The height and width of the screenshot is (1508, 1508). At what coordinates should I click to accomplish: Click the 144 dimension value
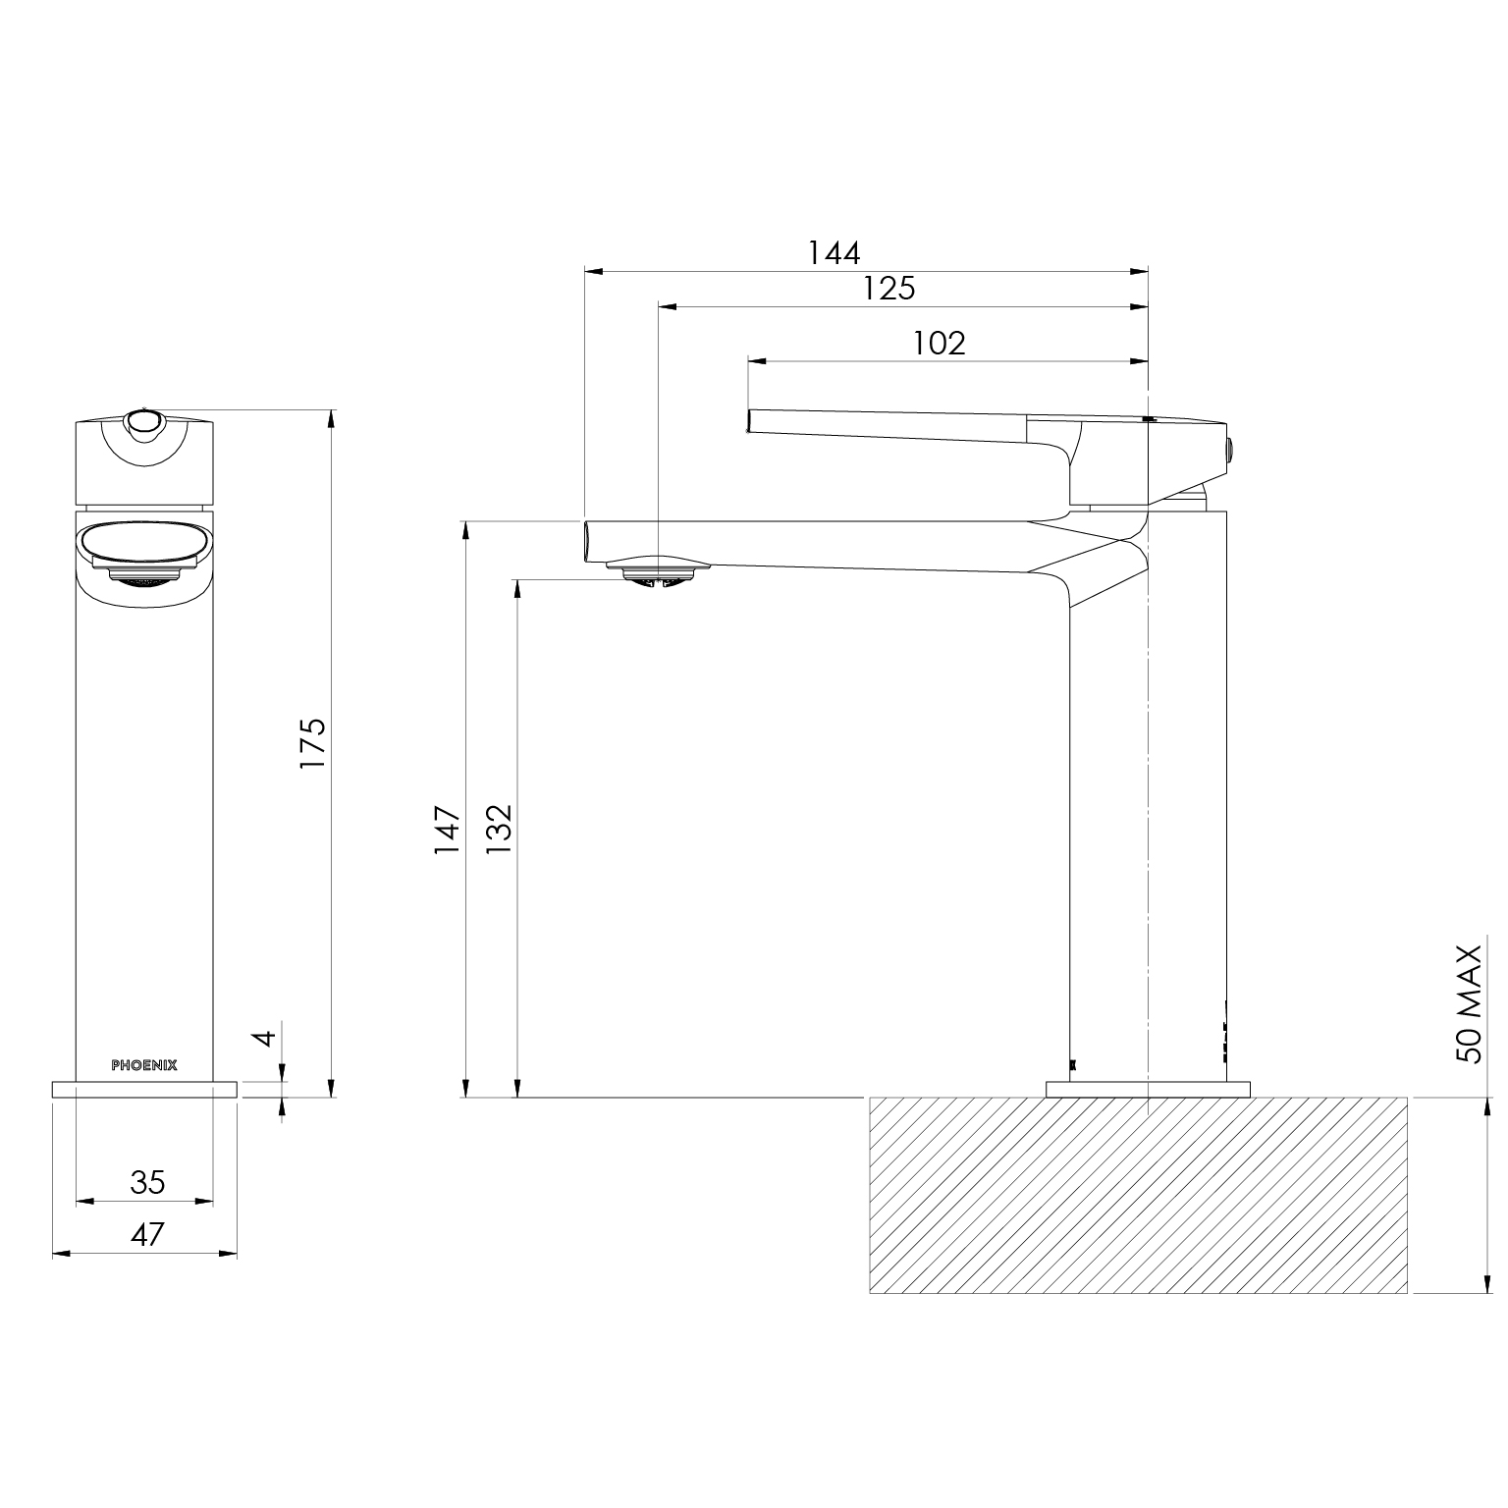pos(834,252)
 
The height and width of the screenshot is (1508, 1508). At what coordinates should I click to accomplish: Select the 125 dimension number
pos(889,288)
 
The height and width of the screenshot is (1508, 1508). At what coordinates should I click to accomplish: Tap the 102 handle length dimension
pos(940,343)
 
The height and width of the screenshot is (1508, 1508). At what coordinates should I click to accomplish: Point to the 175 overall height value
pos(311,742)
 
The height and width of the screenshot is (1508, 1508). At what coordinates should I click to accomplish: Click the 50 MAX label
pos(1469,1003)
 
